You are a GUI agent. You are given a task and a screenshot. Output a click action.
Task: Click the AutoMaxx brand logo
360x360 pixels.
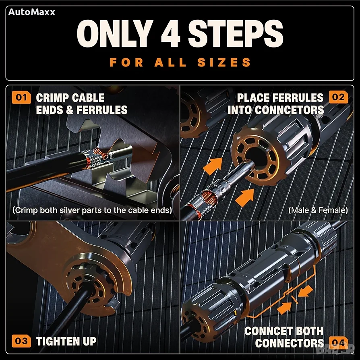point(31,12)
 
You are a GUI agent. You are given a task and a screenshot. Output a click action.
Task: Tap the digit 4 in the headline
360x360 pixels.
point(170,33)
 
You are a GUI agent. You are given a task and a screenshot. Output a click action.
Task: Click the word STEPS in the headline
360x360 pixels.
point(236,33)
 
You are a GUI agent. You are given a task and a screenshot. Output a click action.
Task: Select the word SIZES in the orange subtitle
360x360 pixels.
point(224,62)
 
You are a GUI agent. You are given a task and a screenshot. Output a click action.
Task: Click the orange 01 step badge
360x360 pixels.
point(21,97)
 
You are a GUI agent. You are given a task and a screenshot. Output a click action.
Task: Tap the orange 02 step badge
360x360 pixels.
point(338,97)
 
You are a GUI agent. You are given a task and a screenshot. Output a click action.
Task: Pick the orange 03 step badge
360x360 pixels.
point(21,341)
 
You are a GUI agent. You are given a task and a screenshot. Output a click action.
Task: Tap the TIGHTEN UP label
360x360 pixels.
point(66,341)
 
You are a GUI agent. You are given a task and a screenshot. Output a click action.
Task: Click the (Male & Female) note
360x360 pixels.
point(318,210)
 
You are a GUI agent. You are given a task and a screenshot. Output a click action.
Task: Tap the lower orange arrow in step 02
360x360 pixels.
point(245,197)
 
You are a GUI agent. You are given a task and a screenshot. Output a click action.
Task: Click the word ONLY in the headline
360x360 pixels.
point(115,33)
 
